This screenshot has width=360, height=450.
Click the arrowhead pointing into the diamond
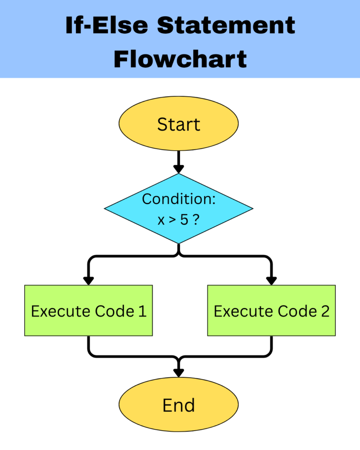[x=178, y=169]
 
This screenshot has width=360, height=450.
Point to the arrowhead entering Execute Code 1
[x=88, y=280]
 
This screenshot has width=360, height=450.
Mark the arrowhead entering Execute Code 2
[x=272, y=280]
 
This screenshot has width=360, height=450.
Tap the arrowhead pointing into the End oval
[x=178, y=372]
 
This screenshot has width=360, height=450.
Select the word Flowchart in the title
[x=180, y=59]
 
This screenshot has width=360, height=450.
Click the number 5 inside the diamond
[x=183, y=220]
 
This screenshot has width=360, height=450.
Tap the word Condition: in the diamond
[x=178, y=199]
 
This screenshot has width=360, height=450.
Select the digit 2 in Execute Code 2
[x=324, y=311]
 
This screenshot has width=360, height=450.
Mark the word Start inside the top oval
[x=178, y=124]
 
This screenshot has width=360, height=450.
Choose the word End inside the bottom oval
[x=178, y=405]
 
